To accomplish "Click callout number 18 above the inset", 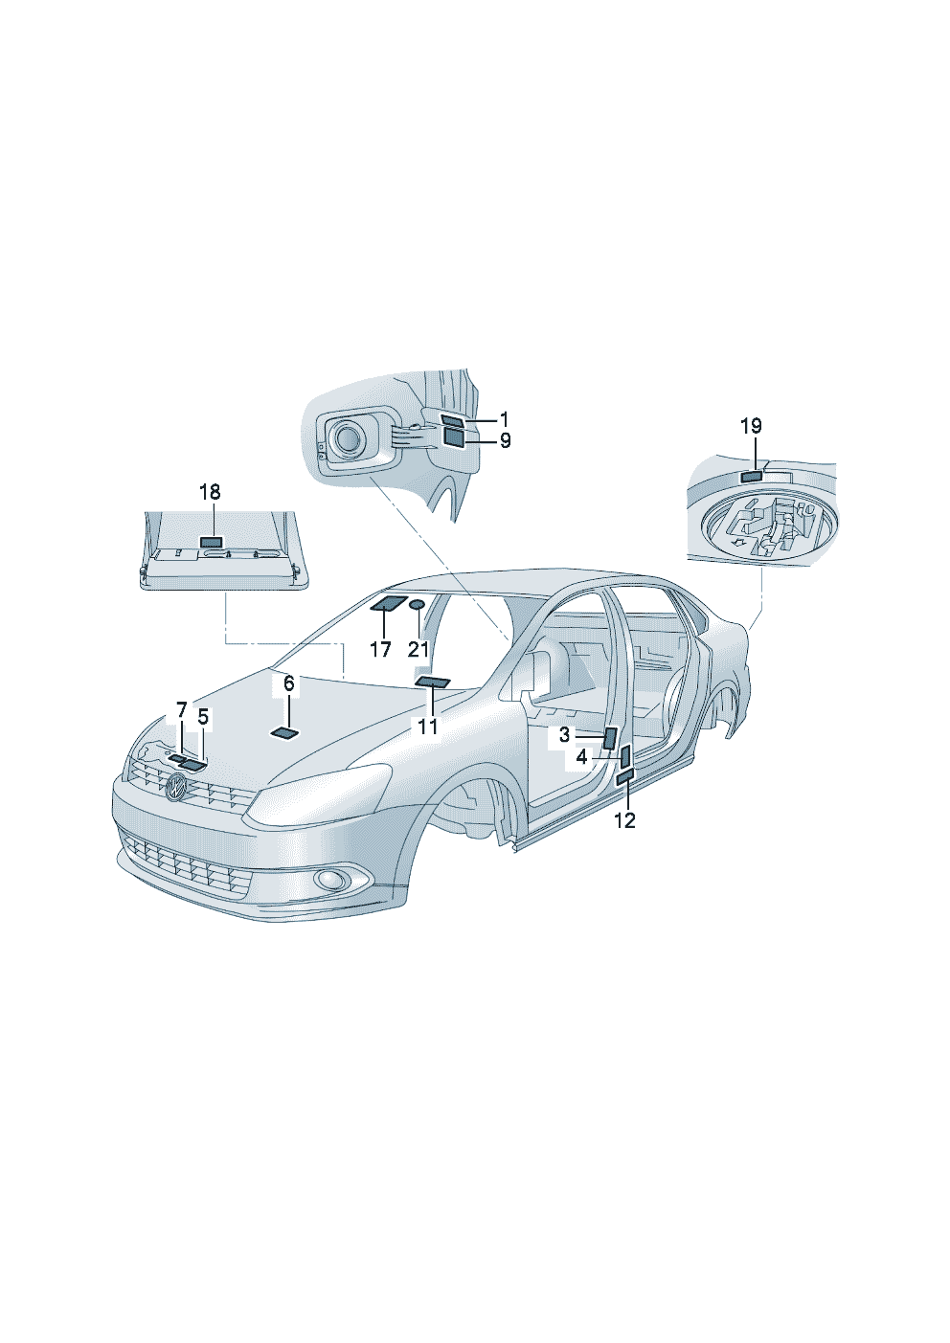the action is (x=210, y=492).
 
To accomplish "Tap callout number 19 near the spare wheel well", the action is (x=751, y=426).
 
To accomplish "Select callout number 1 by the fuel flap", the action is (x=504, y=418).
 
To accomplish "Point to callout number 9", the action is (x=505, y=441).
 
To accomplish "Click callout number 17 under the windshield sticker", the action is (x=381, y=649).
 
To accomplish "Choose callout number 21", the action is (x=419, y=649).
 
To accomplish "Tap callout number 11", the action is (x=428, y=727).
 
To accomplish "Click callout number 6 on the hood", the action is (x=289, y=683).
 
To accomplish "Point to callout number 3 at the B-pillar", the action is (x=564, y=735).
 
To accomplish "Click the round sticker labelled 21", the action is (x=417, y=604).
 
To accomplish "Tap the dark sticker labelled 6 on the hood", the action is (x=284, y=733).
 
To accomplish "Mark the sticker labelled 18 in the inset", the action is (x=211, y=542).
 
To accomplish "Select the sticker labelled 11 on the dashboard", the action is (x=433, y=682).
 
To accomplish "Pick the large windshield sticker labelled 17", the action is (x=389, y=603).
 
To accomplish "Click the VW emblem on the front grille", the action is (x=176, y=786).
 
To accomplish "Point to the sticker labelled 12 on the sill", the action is (x=625, y=775).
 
